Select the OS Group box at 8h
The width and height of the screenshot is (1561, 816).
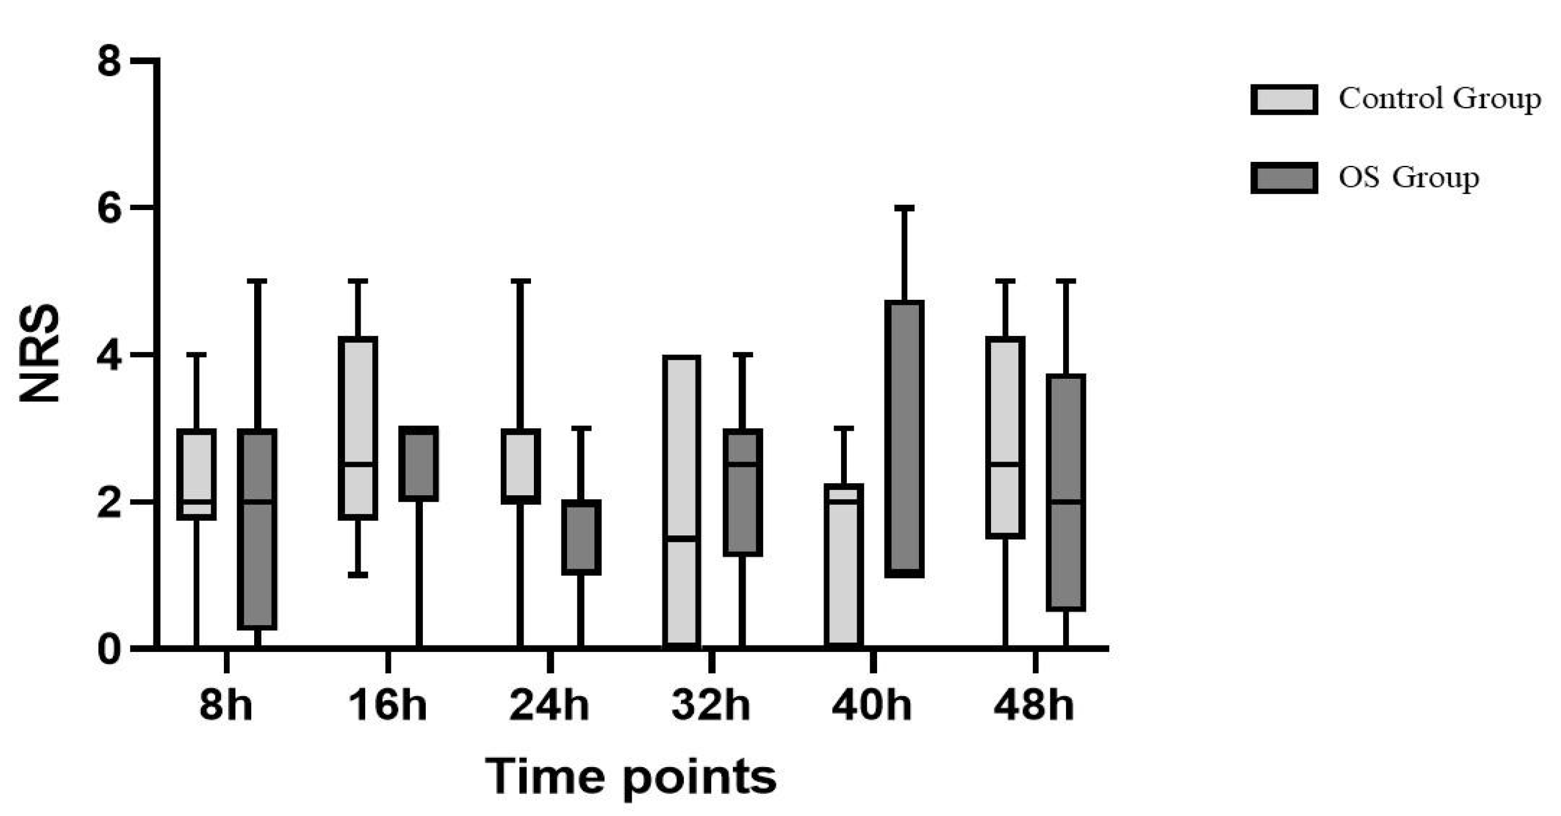point(258,528)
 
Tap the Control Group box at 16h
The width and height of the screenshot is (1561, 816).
point(358,428)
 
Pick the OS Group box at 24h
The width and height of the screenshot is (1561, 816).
point(580,537)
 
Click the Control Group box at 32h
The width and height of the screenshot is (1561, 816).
point(682,502)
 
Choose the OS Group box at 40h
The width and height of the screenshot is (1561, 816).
point(904,438)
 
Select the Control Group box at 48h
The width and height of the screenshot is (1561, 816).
point(1006,437)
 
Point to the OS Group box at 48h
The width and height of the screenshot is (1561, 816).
point(1066,492)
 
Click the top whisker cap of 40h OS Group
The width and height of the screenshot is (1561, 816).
point(904,208)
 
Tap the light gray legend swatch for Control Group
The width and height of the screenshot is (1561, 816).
point(1284,100)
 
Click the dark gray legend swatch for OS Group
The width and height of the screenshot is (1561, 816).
point(1284,178)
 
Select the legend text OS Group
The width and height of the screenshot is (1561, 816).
point(1408,178)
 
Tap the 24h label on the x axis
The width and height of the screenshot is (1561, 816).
point(549,705)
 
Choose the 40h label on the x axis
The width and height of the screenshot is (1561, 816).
point(871,705)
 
